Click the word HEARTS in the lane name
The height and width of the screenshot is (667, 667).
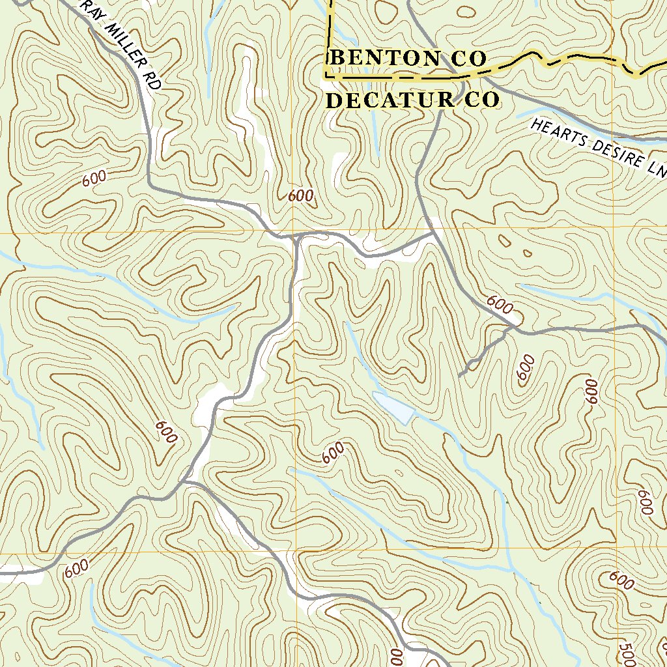pos(556,133)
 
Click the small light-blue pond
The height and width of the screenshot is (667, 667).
pos(395,408)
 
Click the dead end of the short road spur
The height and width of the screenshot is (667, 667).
pos(460,375)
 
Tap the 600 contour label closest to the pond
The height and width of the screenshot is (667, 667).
pos(333,453)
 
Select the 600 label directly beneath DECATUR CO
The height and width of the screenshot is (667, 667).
pos(300,195)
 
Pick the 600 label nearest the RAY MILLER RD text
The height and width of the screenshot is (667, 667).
pos(94,180)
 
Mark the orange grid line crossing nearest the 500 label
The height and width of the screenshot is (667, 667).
pos(617,551)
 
